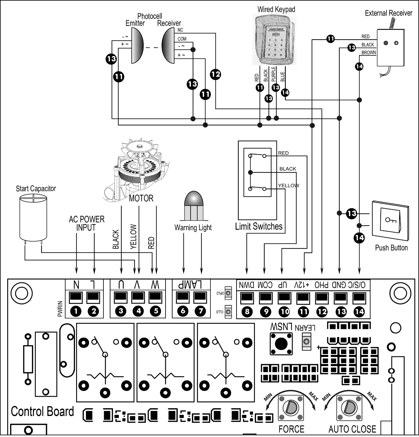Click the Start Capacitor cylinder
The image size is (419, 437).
[33, 217]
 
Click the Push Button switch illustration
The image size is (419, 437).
[390, 220]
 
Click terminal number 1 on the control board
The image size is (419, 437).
[76, 311]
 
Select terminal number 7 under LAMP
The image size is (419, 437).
[201, 311]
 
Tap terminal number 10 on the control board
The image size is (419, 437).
[284, 311]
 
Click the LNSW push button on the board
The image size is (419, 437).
[281, 343]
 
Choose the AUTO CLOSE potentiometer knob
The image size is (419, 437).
[349, 408]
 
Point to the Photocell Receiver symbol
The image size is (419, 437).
[168, 46]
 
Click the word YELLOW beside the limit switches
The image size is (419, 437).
[288, 186]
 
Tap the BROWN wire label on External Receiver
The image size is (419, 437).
[369, 52]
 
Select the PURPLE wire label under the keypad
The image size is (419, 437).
[274, 74]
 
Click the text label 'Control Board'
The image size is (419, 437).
[42, 411]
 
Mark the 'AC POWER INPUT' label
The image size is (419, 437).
[86, 223]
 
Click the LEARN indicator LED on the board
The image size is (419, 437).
[306, 342]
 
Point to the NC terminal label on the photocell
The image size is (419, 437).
[180, 30]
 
